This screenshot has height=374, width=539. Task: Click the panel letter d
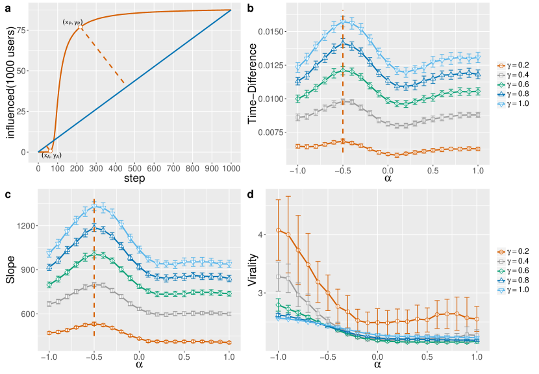tap(268, 193)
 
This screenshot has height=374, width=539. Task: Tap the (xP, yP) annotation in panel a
tap(72, 22)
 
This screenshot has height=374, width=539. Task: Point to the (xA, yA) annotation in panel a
tap(51, 155)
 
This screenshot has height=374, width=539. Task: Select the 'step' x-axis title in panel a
tap(135, 178)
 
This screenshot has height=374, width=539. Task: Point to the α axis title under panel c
tap(139, 366)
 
